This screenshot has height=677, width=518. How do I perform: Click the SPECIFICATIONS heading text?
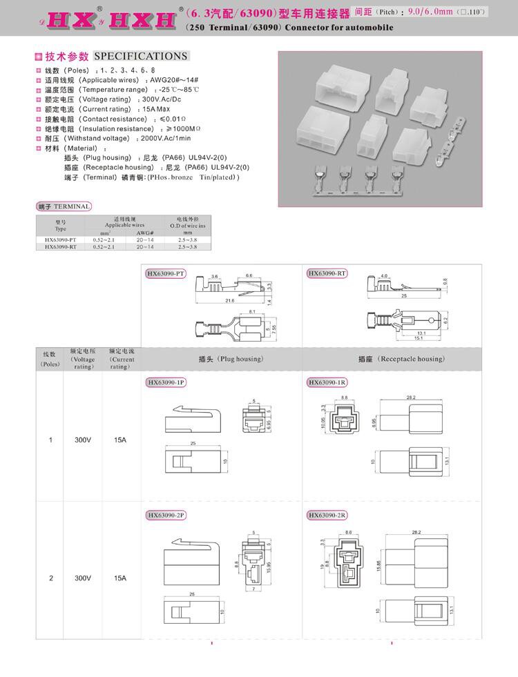pos(140,56)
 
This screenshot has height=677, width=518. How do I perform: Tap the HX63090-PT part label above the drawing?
pos(166,273)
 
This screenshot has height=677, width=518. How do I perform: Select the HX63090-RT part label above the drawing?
pos(327,273)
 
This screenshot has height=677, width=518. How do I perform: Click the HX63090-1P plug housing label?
pos(166,382)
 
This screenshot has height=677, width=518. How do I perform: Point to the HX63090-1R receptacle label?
pos(327,382)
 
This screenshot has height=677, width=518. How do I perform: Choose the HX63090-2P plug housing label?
pos(166,515)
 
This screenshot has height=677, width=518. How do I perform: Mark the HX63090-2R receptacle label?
pos(327,515)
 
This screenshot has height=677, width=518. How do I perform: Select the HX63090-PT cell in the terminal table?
pos(60,239)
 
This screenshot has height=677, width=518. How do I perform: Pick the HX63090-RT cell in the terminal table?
pos(60,246)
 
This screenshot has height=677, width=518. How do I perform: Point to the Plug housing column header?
pos(221,360)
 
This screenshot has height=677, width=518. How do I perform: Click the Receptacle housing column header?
pos(401,360)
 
